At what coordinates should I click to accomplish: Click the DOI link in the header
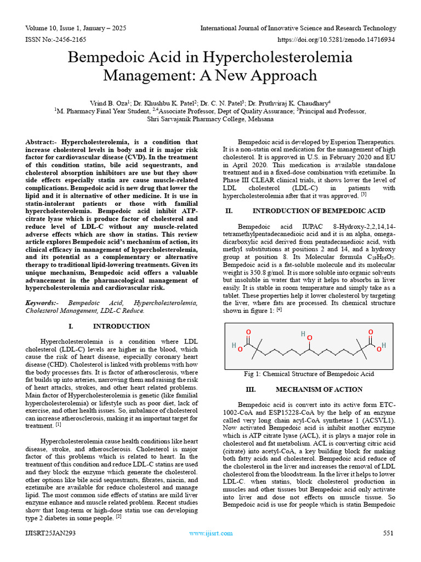pos(337,40)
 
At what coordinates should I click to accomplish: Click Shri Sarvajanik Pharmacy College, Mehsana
pos(210,118)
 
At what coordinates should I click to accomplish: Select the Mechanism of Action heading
pos(318,389)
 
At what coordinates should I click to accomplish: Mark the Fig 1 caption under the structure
pos(309,374)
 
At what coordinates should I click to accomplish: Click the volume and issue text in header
pos(75,28)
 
